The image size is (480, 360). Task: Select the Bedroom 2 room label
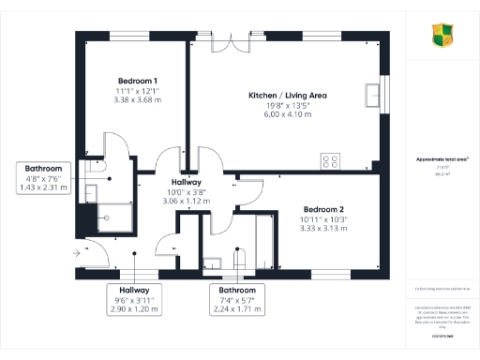[322, 208]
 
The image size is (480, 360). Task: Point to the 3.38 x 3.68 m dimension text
[137, 98]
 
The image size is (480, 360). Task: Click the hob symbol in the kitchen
[331, 160]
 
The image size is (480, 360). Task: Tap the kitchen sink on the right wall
[374, 96]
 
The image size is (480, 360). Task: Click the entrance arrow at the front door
[76, 251]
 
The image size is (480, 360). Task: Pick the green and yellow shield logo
[442, 36]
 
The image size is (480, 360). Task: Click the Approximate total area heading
[442, 159]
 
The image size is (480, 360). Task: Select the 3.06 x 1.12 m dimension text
[187, 201]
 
